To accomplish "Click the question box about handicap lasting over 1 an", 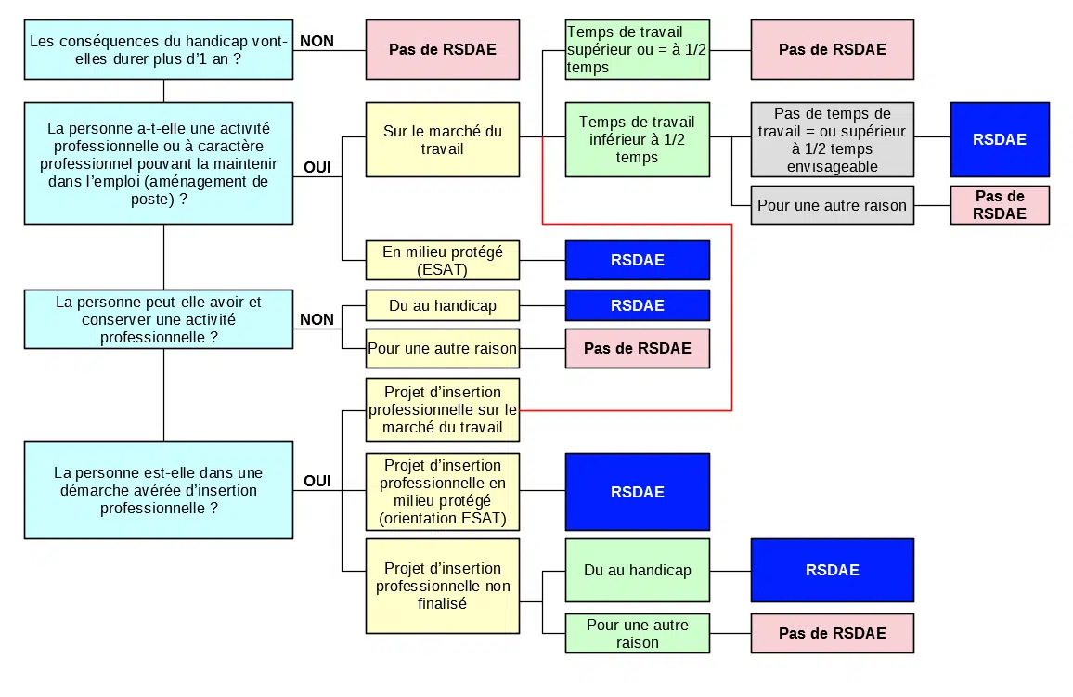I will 159,49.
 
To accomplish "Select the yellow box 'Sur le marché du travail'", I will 442,140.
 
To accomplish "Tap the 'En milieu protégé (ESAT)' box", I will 442,260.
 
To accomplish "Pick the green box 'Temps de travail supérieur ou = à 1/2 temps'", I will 637,50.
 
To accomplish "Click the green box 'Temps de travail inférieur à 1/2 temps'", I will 637,140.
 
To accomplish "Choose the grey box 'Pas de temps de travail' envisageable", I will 832,140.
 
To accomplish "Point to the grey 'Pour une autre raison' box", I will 832,205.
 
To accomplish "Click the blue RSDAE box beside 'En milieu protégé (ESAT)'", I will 638,260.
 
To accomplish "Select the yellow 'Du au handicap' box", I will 442,305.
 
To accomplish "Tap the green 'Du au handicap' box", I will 637,571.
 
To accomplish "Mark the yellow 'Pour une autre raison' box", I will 442,349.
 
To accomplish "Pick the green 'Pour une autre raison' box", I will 637,634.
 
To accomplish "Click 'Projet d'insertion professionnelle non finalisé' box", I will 442,586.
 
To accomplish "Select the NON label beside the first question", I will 317,42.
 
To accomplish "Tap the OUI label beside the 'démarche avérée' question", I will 317,481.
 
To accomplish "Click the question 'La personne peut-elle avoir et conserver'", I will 159,319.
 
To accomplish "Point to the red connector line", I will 732,316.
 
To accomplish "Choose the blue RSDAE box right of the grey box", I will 1000,140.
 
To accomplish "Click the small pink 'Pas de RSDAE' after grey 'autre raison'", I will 1000,205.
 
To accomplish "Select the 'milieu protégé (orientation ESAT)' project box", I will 442,492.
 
